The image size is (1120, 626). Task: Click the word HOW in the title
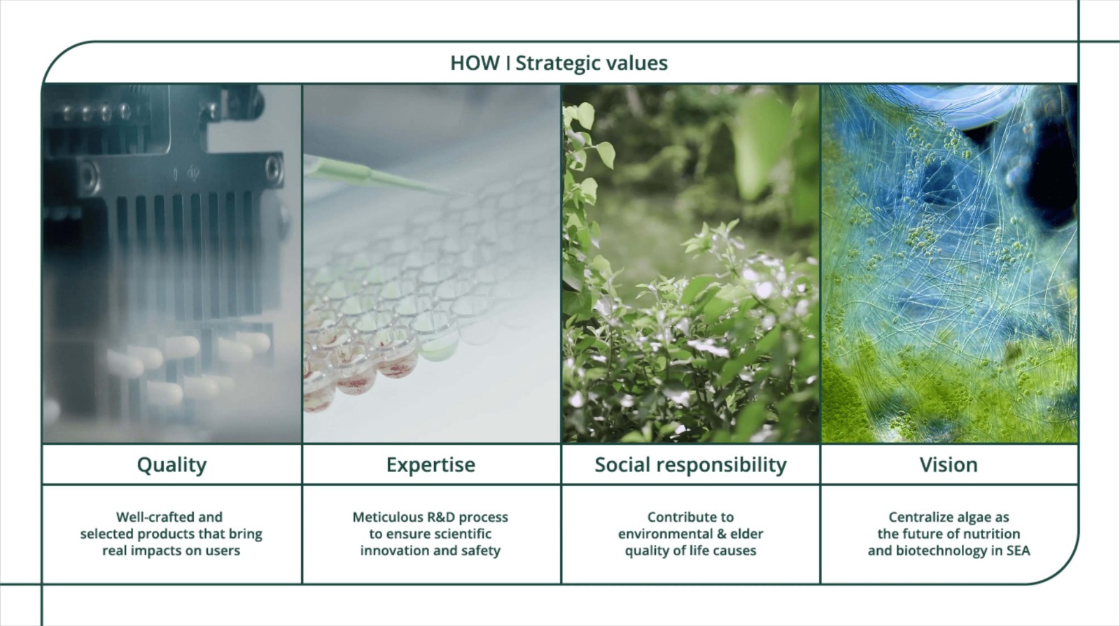475,63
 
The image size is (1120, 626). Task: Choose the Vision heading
948,465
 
